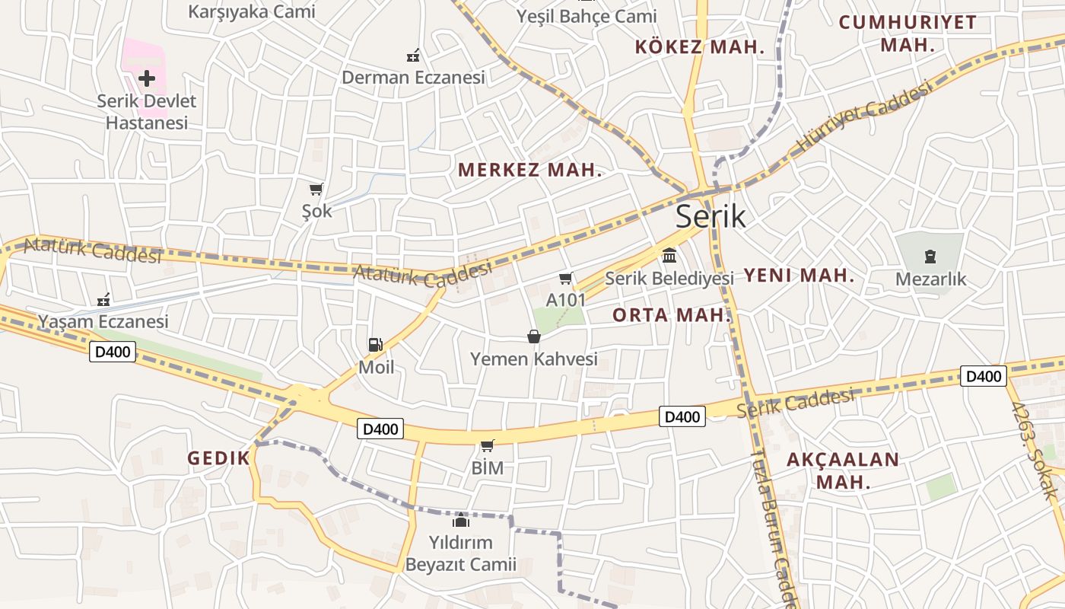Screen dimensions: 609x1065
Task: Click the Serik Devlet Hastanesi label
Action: (146, 111)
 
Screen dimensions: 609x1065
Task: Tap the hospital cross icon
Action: (147, 78)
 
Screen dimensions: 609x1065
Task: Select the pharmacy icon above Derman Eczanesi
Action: (413, 56)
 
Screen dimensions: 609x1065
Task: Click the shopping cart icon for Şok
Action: (316, 189)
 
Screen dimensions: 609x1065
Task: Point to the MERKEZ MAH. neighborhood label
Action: (529, 171)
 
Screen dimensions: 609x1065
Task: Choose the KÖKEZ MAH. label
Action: (699, 47)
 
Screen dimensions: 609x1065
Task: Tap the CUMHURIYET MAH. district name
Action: (908, 33)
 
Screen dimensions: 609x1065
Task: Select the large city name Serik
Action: (711, 217)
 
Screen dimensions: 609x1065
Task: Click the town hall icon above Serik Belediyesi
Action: (669, 255)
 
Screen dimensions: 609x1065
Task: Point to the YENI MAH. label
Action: (799, 276)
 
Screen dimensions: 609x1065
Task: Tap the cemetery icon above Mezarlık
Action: (930, 256)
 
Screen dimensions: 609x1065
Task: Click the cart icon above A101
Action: (565, 279)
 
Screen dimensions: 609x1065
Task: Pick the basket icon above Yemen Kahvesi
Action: (534, 336)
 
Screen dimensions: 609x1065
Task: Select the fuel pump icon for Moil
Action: (375, 345)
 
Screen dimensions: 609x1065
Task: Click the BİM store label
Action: (488, 468)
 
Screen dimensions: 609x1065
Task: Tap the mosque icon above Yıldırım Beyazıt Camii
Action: (460, 520)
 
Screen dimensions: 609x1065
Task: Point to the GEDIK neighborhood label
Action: (218, 458)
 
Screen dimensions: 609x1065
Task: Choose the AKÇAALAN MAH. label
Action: (842, 470)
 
